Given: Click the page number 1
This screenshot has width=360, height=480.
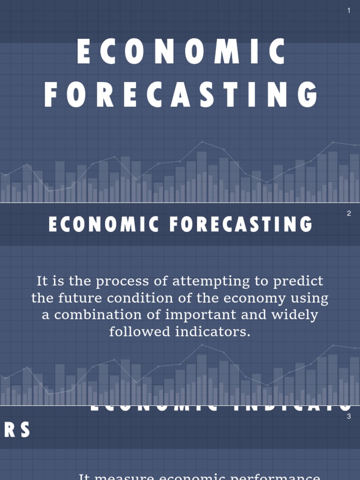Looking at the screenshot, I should click(349, 11).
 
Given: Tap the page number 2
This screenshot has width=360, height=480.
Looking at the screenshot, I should click(349, 214).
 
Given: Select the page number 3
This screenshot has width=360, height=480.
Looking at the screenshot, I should click(349, 417).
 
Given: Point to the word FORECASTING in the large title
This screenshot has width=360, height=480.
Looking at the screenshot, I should click(181, 95).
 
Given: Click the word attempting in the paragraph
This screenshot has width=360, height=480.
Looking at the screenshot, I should click(210, 282).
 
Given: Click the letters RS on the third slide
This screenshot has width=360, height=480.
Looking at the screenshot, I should click(17, 430).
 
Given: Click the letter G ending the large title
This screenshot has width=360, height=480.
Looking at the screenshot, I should click(307, 95).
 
